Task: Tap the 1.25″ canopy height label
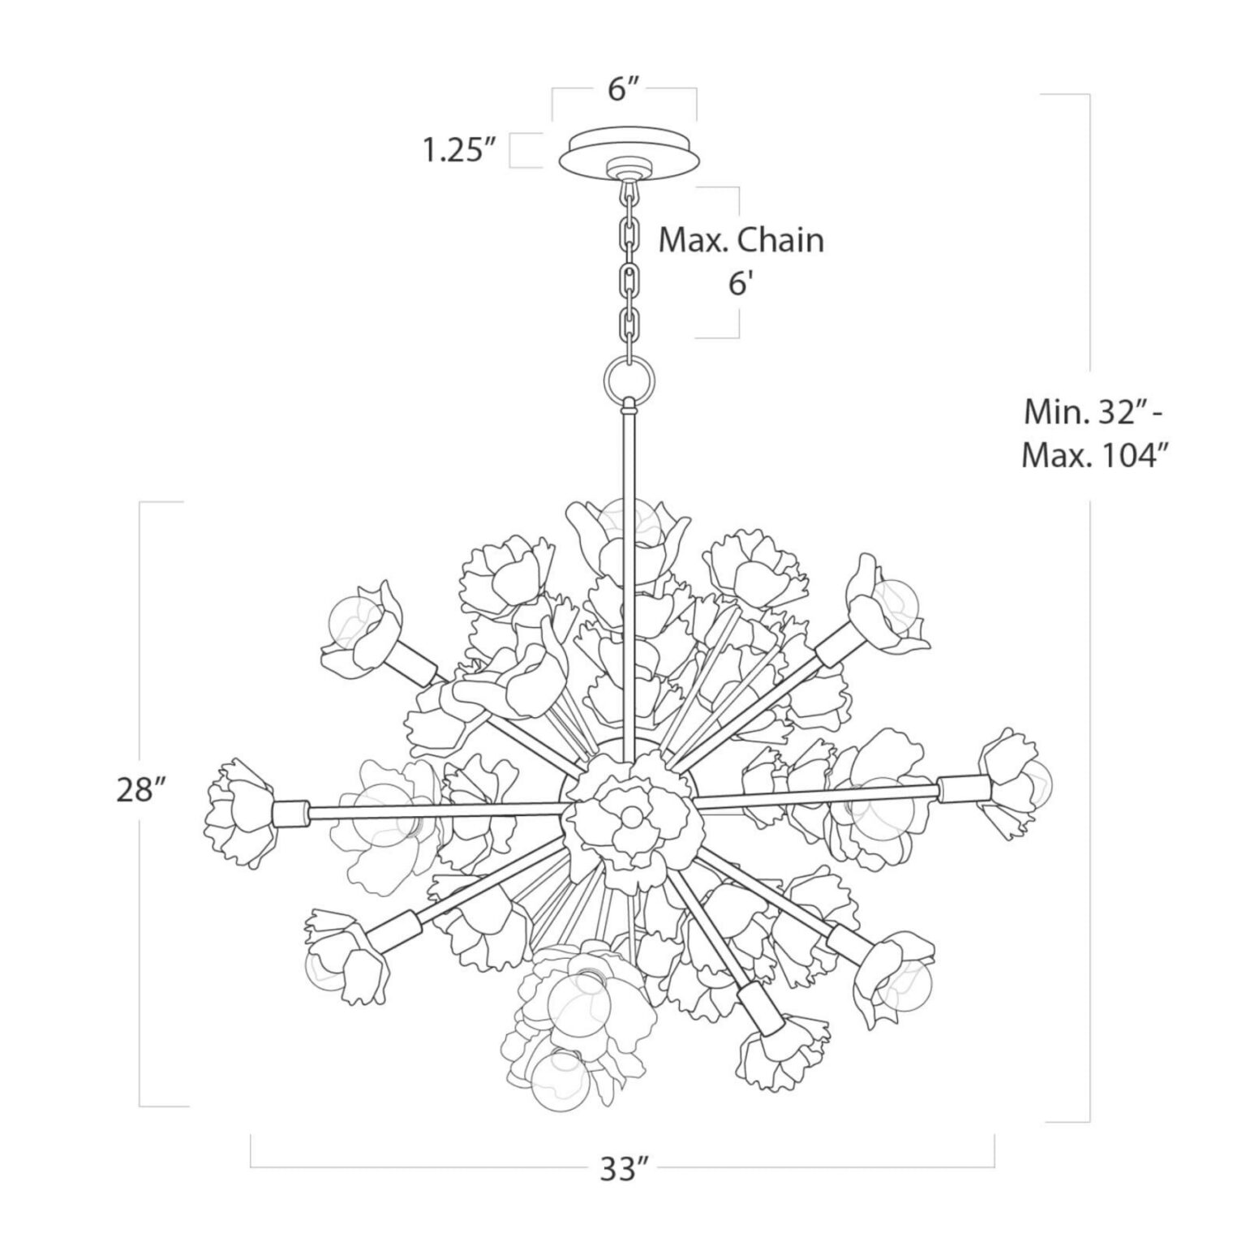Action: coord(458,151)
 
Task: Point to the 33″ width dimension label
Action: coord(625,1170)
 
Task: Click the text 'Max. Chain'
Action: coord(741,241)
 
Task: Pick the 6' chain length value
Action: coord(741,285)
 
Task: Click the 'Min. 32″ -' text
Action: coord(1093,413)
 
